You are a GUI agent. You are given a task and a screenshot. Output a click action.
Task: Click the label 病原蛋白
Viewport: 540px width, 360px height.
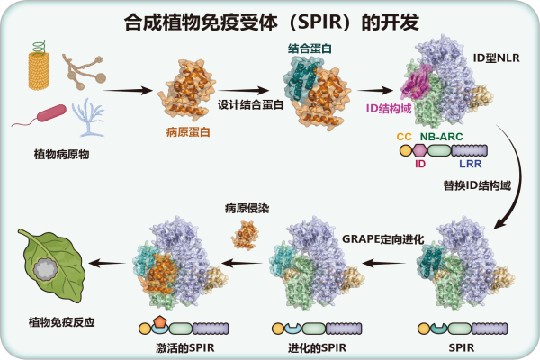coord(188,132)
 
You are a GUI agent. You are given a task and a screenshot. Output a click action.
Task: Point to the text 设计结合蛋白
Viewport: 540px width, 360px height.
coord(251,104)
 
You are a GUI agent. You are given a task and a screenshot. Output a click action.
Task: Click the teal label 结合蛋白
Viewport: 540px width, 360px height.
coord(310,49)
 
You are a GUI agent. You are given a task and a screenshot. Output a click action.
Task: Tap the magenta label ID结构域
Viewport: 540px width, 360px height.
coord(389,109)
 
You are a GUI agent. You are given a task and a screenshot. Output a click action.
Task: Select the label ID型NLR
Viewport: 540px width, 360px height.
coord(496,58)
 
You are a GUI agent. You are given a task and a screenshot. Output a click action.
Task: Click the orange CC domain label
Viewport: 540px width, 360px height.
coord(404,137)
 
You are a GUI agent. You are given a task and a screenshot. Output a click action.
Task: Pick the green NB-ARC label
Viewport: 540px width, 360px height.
coord(442,137)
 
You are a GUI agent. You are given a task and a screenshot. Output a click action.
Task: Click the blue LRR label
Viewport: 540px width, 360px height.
coord(471,164)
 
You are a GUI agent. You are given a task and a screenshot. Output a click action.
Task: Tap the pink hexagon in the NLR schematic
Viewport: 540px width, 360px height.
coord(419,150)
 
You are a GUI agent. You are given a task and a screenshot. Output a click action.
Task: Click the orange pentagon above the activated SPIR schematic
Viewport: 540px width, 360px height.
coord(159,322)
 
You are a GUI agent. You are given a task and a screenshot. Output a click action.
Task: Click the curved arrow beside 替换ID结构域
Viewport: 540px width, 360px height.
coord(516,175)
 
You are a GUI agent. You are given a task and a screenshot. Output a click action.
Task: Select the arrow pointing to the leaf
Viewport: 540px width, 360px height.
coord(107,263)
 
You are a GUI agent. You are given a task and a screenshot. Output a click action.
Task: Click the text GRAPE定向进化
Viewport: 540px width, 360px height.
coord(383,239)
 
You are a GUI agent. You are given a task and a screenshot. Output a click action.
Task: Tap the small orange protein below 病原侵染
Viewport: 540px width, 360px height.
coord(245,235)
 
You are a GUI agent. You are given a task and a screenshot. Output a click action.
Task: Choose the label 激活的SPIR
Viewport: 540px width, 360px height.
coord(185,347)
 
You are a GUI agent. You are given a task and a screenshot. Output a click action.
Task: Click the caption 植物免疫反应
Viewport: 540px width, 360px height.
coord(61,322)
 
